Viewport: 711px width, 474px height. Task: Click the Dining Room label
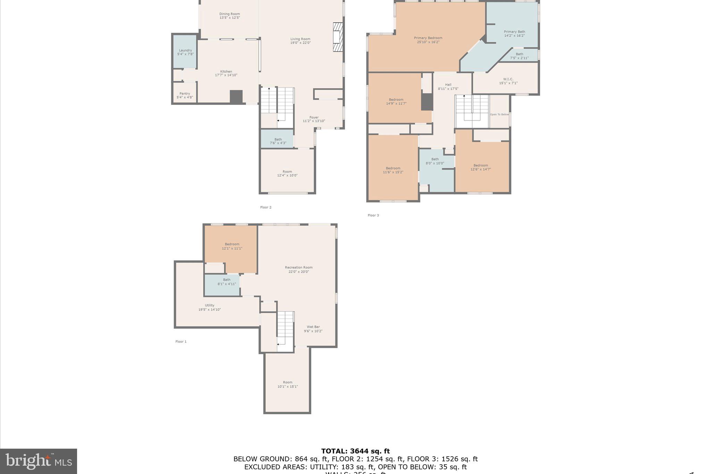click(229, 14)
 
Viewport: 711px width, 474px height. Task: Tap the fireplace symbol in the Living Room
click(338, 37)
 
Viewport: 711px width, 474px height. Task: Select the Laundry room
click(185, 52)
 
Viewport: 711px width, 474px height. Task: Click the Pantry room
click(185, 95)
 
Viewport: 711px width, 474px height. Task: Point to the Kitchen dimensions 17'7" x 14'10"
click(226, 75)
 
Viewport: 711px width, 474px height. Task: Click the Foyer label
click(314, 117)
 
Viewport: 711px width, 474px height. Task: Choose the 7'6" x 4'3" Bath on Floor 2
click(278, 141)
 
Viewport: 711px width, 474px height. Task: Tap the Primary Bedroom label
click(428, 38)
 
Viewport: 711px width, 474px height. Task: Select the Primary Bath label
click(514, 32)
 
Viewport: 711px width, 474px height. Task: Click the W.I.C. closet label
click(508, 79)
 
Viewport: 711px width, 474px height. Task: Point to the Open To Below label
click(499, 114)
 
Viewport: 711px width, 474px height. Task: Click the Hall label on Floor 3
click(448, 84)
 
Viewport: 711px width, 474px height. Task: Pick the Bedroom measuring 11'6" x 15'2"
click(393, 170)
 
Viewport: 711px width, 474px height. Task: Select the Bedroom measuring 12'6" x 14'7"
click(480, 167)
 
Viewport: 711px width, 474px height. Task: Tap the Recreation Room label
click(299, 267)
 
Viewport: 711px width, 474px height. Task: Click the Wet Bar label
click(313, 327)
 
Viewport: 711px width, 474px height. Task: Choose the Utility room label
click(209, 305)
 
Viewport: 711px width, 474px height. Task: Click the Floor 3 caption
click(373, 215)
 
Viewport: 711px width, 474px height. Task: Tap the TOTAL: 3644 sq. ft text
click(355, 451)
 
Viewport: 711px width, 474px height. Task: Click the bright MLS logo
click(38, 461)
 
